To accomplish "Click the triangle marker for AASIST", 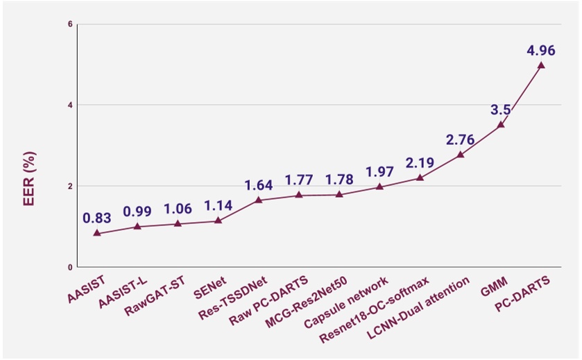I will pos(97,233).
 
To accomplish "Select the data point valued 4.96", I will pos(541,65).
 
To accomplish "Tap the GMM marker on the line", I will pos(501,124).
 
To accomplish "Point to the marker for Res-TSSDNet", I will pos(258,200).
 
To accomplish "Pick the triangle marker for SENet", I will pos(218,221).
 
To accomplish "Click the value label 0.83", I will pos(97,218).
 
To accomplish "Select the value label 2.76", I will pos(461,139).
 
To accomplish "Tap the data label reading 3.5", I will pos(501,110).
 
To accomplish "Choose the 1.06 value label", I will pos(178,209).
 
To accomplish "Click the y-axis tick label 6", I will pos(69,24).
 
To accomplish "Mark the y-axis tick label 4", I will pos(69,105).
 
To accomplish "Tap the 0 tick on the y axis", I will pos(69,268).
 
